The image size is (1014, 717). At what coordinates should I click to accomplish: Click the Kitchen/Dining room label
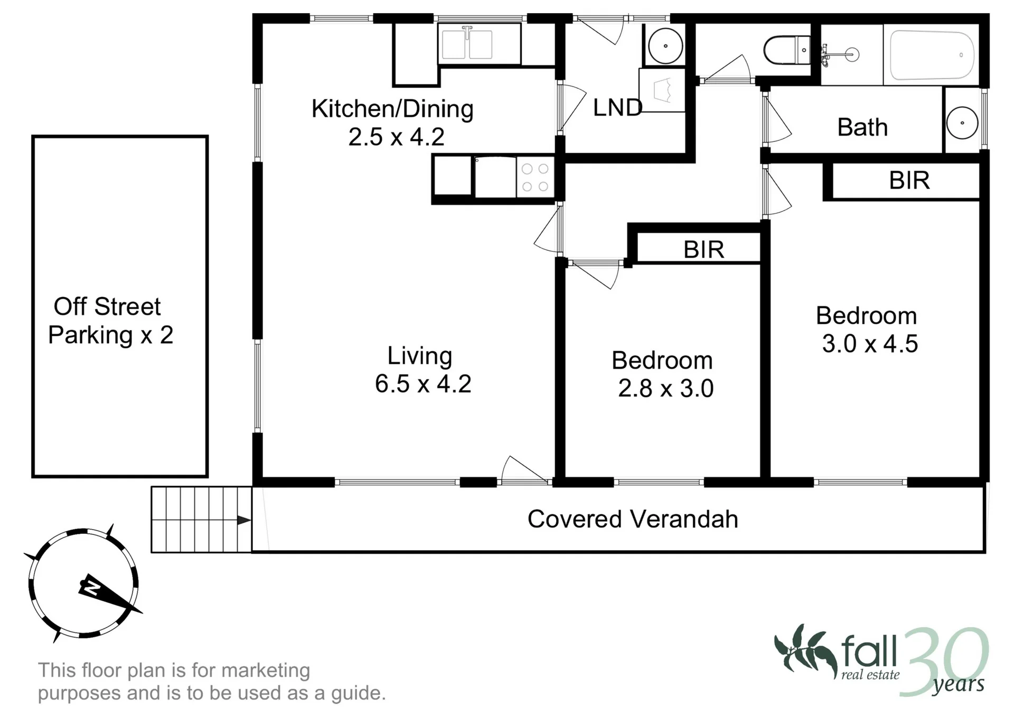click(x=392, y=109)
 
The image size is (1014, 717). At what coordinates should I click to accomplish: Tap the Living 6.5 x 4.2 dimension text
click(x=423, y=384)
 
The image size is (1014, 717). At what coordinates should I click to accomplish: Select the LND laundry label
click(x=617, y=108)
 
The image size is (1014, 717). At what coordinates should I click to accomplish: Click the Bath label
click(x=862, y=127)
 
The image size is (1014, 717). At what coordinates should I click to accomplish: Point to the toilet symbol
click(x=786, y=50)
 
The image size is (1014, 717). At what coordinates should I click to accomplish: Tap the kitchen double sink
click(x=467, y=44)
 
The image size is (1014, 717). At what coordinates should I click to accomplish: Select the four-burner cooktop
click(x=535, y=177)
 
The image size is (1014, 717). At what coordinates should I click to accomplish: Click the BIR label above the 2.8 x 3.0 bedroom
click(x=703, y=250)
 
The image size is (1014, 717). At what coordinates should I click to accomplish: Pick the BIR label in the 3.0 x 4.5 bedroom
click(x=909, y=181)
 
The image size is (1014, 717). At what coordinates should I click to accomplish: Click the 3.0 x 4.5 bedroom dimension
click(x=870, y=344)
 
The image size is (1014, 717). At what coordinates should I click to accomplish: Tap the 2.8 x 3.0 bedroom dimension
click(x=666, y=389)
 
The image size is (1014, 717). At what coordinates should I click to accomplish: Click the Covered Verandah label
click(x=633, y=519)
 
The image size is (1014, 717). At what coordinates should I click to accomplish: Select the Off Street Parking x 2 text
click(x=109, y=320)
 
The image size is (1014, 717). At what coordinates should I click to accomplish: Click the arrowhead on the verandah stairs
click(x=243, y=520)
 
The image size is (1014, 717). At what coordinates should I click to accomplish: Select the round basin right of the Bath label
click(x=962, y=123)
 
